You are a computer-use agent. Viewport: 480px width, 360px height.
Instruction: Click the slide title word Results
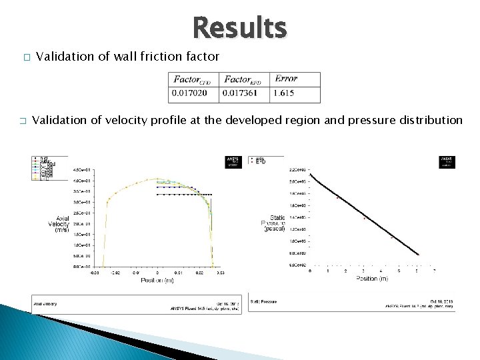tap(239, 29)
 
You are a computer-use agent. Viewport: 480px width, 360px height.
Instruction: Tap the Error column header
tap(286, 79)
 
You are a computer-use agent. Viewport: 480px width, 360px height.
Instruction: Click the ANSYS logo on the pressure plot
tap(447, 162)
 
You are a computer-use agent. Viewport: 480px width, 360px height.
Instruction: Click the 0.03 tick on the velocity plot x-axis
tap(219, 273)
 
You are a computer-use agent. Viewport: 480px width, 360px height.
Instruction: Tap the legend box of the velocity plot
tap(44, 169)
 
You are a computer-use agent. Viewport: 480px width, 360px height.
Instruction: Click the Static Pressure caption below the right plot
tap(264, 301)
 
